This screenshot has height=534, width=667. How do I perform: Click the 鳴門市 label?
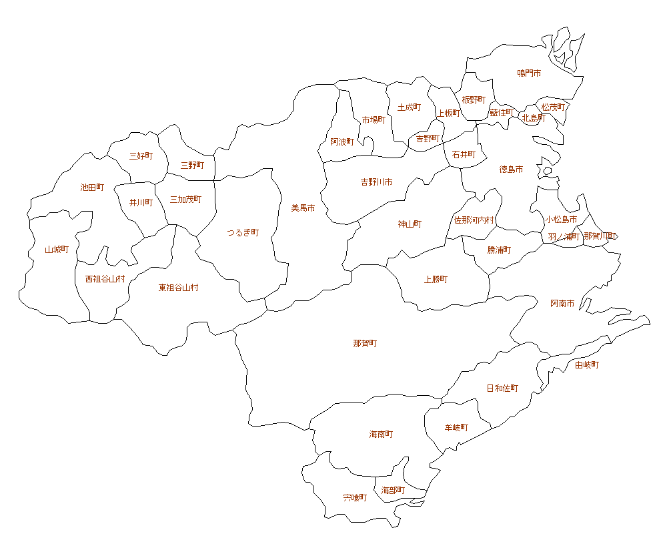(529, 73)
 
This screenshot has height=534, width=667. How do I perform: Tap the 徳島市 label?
(511, 170)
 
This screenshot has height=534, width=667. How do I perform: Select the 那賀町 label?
(365, 344)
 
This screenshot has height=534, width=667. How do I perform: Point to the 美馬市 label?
(303, 208)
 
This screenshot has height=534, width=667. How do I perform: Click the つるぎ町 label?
(243, 233)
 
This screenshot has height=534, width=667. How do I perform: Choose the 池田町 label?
(92, 188)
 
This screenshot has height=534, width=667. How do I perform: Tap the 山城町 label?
(57, 250)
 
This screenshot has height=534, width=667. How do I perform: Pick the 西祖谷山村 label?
(105, 279)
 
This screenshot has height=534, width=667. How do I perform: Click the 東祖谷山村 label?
(178, 288)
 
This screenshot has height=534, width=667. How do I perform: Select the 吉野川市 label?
(376, 182)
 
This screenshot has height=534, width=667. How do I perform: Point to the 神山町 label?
(410, 224)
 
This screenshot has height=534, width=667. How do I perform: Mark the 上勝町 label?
(436, 279)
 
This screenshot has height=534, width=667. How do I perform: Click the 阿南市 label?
(562, 304)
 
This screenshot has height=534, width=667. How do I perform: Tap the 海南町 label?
(381, 435)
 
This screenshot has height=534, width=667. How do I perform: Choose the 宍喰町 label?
(355, 497)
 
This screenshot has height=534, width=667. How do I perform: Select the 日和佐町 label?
(502, 388)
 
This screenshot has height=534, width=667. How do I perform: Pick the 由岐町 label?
(587, 365)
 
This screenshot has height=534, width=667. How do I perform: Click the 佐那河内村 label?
(474, 220)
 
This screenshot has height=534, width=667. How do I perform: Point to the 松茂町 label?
(553, 107)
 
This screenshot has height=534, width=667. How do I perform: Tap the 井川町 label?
(141, 202)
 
